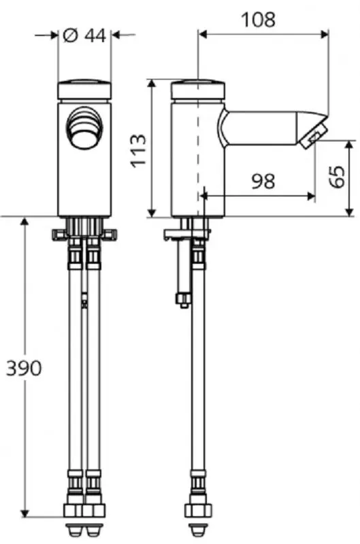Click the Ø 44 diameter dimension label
[85, 35]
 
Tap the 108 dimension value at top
[259, 20]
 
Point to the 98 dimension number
[263, 181]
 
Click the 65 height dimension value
[337, 177]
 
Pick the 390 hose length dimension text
[24, 368]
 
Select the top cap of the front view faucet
[84, 90]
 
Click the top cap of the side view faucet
[198, 90]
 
